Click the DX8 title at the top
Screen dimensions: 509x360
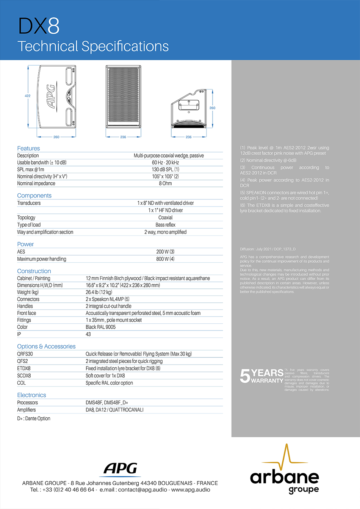pyautogui.click(x=39, y=27)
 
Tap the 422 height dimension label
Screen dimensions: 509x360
pyautogui.click(x=28, y=96)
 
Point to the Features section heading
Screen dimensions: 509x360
pyautogui.click(x=28, y=148)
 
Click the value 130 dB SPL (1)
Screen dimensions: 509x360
pyautogui.click(x=166, y=169)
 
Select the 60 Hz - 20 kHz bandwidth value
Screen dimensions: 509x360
pyautogui.click(x=165, y=163)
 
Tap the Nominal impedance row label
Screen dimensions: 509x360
pyautogui.click(x=36, y=183)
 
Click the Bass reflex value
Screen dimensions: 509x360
pyautogui.click(x=165, y=225)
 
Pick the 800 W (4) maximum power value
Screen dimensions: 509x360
pyautogui.click(x=165, y=259)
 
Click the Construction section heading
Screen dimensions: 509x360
pyautogui.click(x=34, y=271)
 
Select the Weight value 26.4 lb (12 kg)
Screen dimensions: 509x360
pyautogui.click(x=99, y=292)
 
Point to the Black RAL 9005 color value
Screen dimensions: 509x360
pyautogui.click(x=100, y=327)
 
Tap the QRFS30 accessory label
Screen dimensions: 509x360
pyautogui.click(x=25, y=354)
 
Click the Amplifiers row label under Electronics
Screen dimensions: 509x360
pyautogui.click(x=27, y=410)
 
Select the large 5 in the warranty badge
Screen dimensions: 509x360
pyautogui.click(x=245, y=376)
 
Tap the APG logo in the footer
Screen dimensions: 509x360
pyautogui.click(x=121, y=469)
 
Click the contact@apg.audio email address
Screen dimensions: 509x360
pyautogui.click(x=142, y=490)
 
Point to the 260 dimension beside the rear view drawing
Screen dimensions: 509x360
pyautogui.click(x=212, y=108)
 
